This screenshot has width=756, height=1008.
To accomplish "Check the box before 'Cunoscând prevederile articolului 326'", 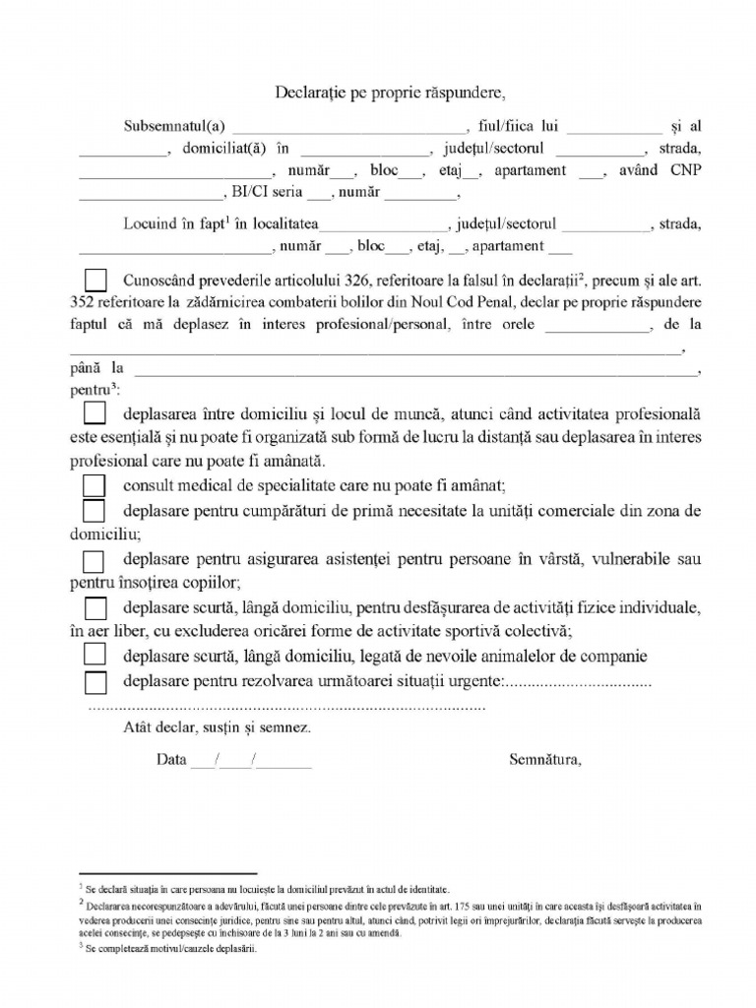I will point(96,279).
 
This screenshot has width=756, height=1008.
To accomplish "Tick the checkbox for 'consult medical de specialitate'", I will point(94,486).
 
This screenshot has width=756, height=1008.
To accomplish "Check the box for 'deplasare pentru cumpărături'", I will point(94,511).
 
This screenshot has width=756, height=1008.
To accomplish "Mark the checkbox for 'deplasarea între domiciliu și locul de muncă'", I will point(96,413).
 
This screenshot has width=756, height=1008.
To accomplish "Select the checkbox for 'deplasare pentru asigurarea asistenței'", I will point(94,561).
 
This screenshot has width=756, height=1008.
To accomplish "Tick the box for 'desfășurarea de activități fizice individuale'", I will point(94,607).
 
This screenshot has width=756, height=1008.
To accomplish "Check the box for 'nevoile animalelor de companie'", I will point(94,655).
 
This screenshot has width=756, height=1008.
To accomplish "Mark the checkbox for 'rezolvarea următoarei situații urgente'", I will point(94,681).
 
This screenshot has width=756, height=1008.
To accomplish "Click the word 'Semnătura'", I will point(545,759).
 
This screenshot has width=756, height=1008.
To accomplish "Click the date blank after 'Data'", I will point(251,761).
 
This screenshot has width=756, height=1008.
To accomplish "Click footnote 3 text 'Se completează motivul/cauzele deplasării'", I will point(162,951).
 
